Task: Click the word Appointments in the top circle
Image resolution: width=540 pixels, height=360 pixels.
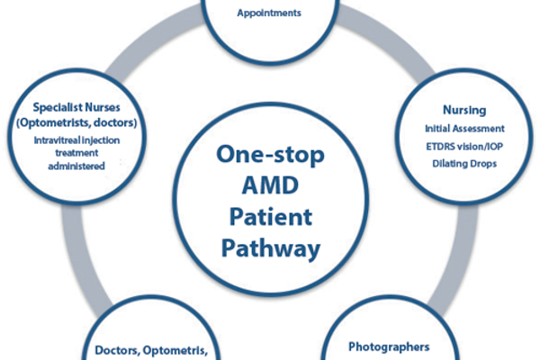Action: [267, 13]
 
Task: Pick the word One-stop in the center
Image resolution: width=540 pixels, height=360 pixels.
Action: [269, 153]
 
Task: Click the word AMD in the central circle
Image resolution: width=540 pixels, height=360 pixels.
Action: [269, 184]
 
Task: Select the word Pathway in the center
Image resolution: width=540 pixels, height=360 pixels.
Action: [269, 247]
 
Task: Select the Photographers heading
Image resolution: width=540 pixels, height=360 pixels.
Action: [388, 346]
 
